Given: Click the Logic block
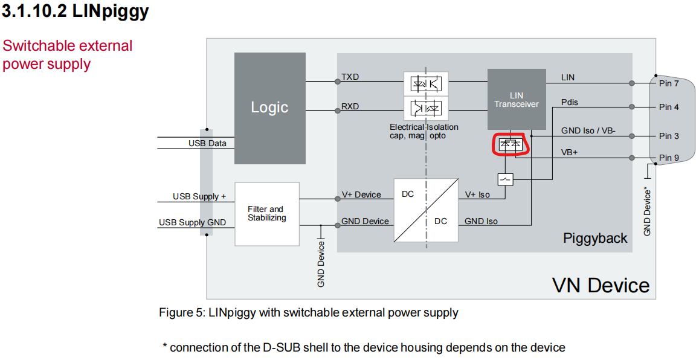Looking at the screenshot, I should (x=269, y=108).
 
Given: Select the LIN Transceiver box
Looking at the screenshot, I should (x=516, y=99).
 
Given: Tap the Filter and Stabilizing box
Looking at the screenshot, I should (x=266, y=214).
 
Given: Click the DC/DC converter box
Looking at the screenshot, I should (x=425, y=210).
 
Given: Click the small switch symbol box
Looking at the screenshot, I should (x=505, y=179).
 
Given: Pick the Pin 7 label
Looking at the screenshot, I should (x=669, y=83).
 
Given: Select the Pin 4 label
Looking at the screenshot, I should (x=669, y=107).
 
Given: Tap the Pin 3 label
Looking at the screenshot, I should (x=669, y=136).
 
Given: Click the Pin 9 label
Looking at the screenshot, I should (x=669, y=158).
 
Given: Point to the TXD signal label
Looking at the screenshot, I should (x=350, y=77).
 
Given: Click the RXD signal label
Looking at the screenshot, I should (x=350, y=106).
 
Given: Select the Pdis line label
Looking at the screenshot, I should (x=570, y=102).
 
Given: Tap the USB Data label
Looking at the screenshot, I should (x=207, y=143).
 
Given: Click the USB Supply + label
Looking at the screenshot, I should (x=199, y=196).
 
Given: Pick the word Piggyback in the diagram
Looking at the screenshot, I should (x=595, y=238).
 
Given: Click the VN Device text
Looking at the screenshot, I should (x=601, y=284).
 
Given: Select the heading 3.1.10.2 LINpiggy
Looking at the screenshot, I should (x=76, y=11).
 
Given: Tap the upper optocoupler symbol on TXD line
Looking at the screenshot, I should (x=426, y=83).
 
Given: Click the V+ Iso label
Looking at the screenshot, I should (x=477, y=194).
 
